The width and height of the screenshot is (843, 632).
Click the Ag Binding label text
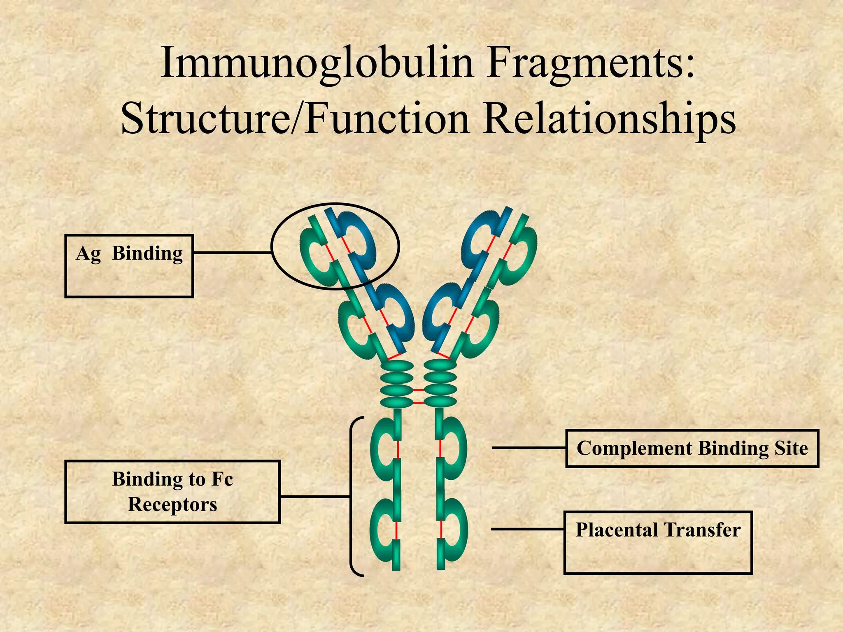tap(129, 253)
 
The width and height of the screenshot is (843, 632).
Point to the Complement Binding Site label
tap(692, 448)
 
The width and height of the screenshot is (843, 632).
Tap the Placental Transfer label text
tap(658, 530)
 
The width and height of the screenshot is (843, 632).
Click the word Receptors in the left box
tap(172, 504)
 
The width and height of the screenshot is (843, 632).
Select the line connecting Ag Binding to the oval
tap(232, 252)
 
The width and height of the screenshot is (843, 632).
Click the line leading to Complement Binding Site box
tap(529, 447)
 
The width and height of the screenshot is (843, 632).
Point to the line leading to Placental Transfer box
tap(527, 529)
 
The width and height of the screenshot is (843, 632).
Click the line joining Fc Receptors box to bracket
tap(315, 497)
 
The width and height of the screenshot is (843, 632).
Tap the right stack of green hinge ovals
tap(440, 384)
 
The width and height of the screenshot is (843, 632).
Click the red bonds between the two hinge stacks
tap(418, 396)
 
